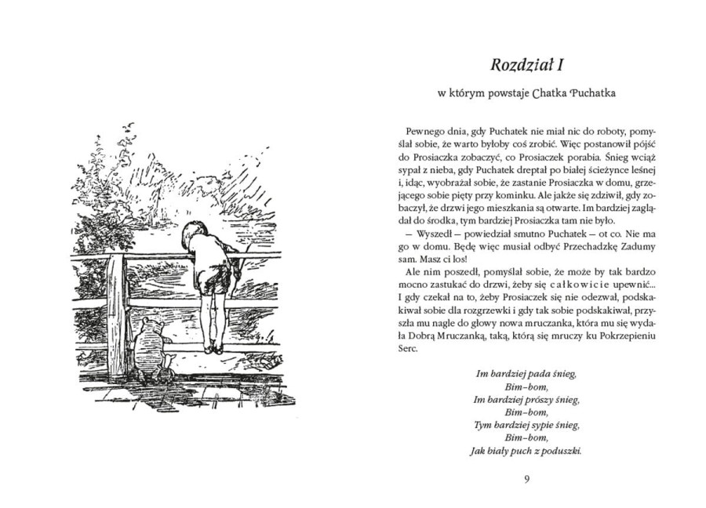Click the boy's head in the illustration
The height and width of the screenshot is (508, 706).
(193, 233)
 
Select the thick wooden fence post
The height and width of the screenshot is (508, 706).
(115, 314)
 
